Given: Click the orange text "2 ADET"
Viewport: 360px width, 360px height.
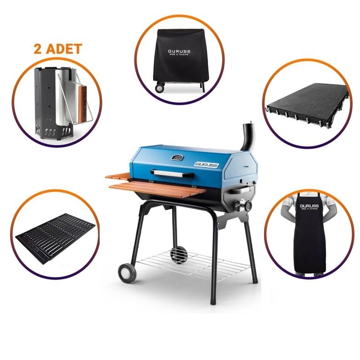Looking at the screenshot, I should [x=57, y=49].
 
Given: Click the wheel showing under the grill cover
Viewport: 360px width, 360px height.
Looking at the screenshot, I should [x=160, y=87].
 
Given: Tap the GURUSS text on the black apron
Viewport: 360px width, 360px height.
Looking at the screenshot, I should [x=309, y=206].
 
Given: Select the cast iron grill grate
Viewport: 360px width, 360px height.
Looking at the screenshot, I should [x=56, y=234].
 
